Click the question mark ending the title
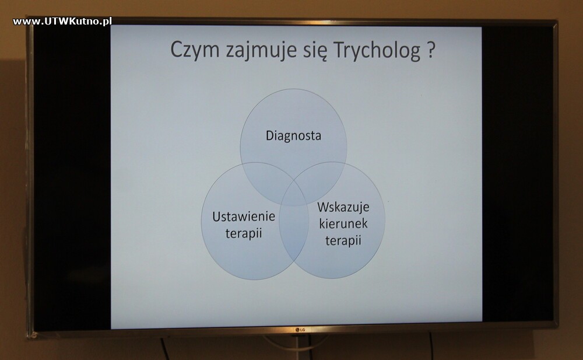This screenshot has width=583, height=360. tap(430, 50)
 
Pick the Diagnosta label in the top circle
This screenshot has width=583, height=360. tap(293, 136)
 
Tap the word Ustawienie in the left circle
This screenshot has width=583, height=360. tap(244, 216)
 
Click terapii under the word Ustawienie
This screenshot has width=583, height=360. tap(244, 233)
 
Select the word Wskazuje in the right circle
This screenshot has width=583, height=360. tap(343, 207)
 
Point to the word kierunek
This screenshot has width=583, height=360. tap(343, 223)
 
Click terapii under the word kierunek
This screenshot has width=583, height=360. tap(343, 240)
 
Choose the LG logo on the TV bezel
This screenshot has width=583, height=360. tap(300, 330)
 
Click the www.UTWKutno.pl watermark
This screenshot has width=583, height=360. tap(62, 21)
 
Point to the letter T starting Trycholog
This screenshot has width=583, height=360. tap(339, 50)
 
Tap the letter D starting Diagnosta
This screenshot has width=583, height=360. tap(270, 135)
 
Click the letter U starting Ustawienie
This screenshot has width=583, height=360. tap(216, 216)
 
